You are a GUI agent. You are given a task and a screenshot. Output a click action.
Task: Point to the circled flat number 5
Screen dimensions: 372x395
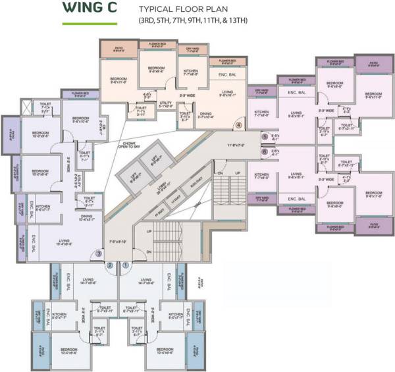(265, 137)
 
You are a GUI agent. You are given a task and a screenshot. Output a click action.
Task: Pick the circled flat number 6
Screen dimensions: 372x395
(265, 151)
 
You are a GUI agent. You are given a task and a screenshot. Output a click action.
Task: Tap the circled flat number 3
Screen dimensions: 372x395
(99, 252)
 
